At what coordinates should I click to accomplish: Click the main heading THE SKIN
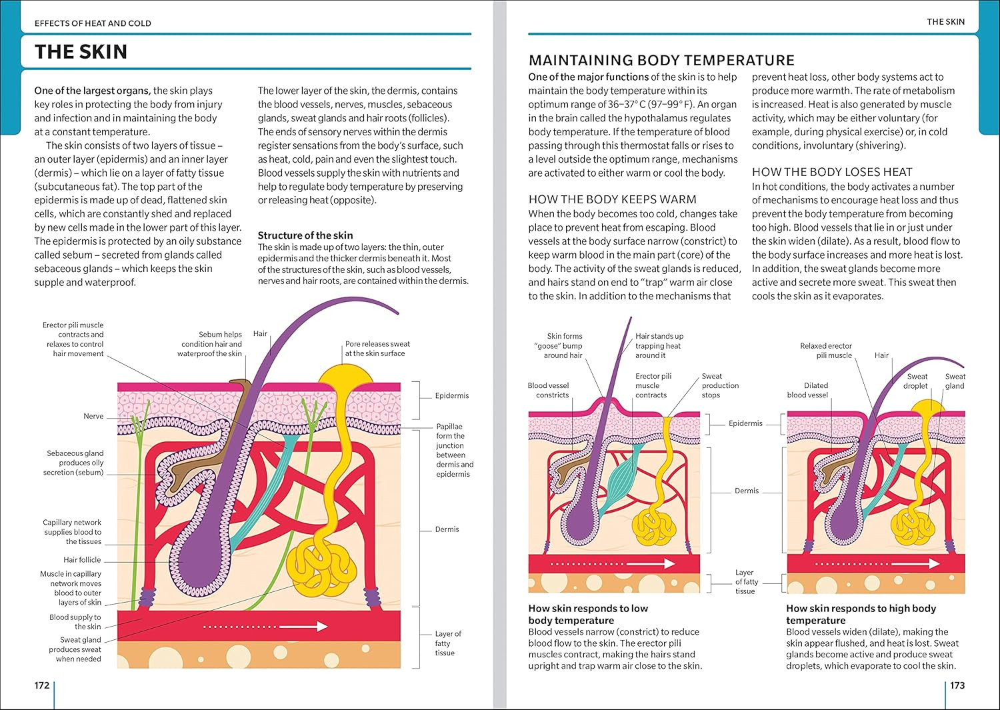tap(81, 52)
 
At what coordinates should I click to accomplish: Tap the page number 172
tap(42, 685)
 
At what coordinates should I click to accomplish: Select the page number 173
tap(957, 685)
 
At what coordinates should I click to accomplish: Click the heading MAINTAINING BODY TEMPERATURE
tap(661, 60)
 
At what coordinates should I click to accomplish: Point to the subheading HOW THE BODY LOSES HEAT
tap(832, 172)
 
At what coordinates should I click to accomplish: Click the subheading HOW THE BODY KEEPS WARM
tap(612, 199)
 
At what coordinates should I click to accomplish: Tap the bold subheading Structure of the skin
tap(305, 235)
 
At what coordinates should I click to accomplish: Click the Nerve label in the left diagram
tap(93, 416)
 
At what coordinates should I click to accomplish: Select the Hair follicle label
tap(82, 560)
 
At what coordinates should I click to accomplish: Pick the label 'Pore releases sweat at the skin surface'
tap(377, 349)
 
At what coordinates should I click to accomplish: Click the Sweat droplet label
tap(916, 381)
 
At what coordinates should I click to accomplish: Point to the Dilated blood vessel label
tap(807, 390)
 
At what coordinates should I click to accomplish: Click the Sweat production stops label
tap(720, 385)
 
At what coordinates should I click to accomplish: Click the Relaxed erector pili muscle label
tap(826, 351)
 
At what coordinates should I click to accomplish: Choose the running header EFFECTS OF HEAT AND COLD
tap(93, 23)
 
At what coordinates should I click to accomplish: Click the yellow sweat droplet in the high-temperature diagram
tap(929, 407)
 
